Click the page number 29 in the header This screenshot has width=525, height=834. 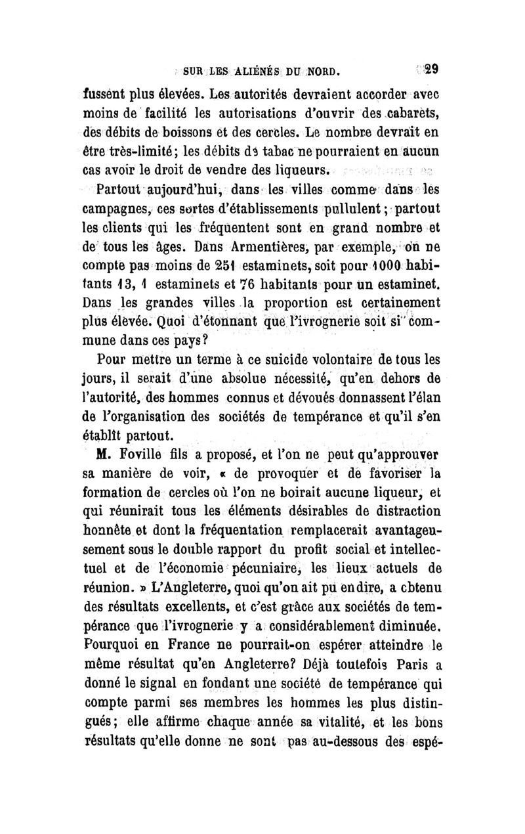pyautogui.click(x=432, y=68)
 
